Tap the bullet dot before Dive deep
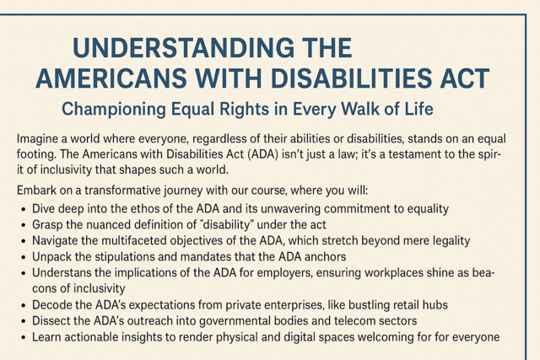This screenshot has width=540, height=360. (x=23, y=207)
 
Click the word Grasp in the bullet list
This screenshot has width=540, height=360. (x=49, y=223)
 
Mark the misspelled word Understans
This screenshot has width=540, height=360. (x=66, y=272)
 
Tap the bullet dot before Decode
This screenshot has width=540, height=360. (x=23, y=304)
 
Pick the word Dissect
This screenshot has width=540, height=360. (x=55, y=321)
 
